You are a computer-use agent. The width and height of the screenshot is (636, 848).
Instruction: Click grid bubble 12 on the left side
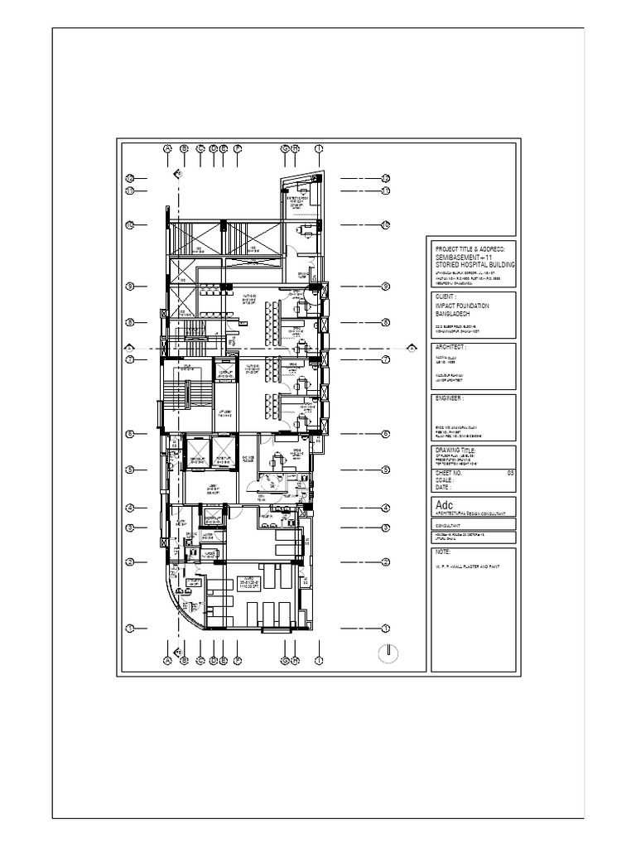pyautogui.click(x=130, y=178)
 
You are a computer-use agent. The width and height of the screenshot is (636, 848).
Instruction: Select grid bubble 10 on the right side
pyautogui.click(x=386, y=224)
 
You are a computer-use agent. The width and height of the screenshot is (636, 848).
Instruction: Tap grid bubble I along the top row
pyautogui.click(x=319, y=149)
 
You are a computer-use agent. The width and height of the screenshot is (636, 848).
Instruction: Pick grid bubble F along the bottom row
pyautogui.click(x=238, y=661)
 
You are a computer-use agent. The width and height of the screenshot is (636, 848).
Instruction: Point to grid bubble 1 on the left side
pyautogui.click(x=130, y=629)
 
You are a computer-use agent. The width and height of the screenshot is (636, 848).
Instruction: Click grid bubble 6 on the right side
pyautogui.click(x=386, y=433)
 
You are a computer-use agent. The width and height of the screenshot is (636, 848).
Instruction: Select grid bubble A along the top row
pyautogui.click(x=167, y=149)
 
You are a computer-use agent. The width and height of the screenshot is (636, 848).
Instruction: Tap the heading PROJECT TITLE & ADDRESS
pyautogui.click(x=475, y=248)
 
